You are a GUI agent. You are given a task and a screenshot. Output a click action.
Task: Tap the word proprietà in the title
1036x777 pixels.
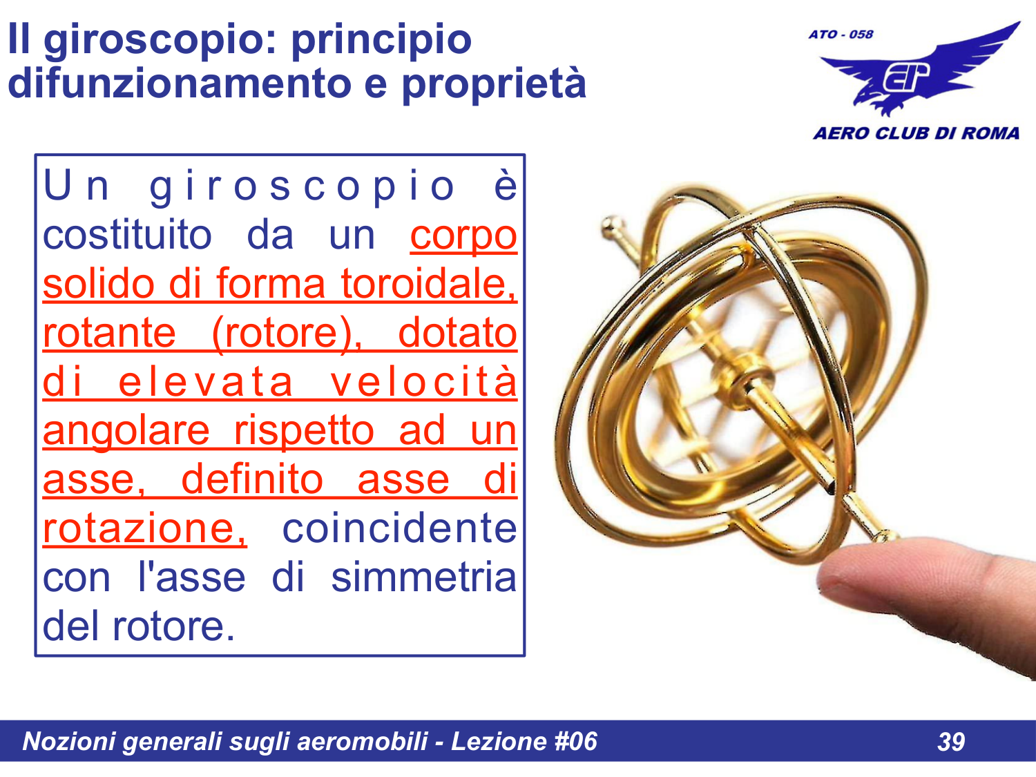click(494, 84)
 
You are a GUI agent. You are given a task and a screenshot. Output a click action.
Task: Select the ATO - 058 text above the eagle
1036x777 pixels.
click(841, 35)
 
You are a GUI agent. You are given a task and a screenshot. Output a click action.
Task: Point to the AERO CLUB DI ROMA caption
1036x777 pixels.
click(916, 133)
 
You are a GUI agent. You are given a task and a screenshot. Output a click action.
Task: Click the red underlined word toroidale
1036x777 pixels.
click(428, 285)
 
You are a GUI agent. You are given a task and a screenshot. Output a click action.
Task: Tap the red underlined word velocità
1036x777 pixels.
click(423, 382)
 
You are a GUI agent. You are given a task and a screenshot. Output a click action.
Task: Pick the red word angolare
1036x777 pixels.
click(126, 432)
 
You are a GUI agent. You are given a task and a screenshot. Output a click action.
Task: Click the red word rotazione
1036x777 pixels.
click(144, 529)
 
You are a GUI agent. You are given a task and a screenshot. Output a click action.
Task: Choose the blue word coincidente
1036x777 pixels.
click(399, 529)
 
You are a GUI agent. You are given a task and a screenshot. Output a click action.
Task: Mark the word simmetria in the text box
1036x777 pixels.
click(423, 577)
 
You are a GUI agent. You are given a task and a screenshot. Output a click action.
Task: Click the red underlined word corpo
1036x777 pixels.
click(463, 236)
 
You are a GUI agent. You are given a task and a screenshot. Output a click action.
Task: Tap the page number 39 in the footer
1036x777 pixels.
click(951, 742)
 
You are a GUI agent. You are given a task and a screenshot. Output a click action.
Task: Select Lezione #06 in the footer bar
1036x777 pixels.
click(524, 742)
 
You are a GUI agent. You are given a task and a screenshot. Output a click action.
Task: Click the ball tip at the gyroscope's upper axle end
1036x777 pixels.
click(610, 226)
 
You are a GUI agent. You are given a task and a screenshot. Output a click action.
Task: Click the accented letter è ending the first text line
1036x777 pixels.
click(506, 186)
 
